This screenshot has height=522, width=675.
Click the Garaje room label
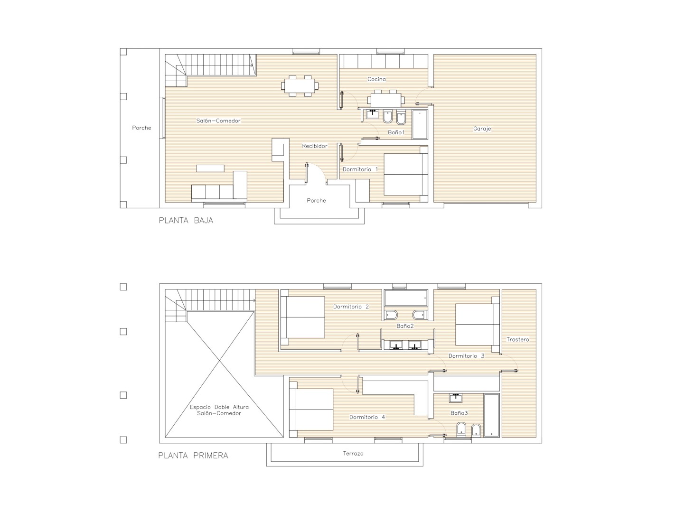click(x=482, y=129)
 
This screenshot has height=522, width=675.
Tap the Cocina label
click(x=376, y=79)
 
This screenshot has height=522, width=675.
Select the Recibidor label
click(x=315, y=146)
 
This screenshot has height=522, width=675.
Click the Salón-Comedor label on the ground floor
click(x=218, y=121)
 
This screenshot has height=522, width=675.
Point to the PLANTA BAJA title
click(x=186, y=221)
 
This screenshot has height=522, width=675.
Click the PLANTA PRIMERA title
click(x=193, y=456)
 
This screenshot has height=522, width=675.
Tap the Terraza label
click(x=353, y=453)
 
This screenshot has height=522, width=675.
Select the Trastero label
click(x=517, y=339)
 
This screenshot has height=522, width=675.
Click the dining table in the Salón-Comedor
click(x=300, y=86)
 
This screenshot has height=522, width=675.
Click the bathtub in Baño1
click(x=420, y=124)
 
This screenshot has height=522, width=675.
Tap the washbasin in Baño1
click(x=373, y=114)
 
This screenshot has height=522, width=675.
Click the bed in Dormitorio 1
click(x=406, y=174)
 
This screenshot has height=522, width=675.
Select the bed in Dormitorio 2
click(x=302, y=317)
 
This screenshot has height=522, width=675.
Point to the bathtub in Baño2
click(x=406, y=298)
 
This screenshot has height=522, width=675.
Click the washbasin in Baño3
click(x=456, y=398)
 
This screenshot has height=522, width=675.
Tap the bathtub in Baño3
click(x=491, y=416)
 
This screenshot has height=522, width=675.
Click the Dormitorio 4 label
click(x=367, y=417)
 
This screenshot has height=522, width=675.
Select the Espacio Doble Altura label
click(x=219, y=407)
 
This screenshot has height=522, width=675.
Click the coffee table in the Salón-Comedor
click(x=210, y=168)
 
